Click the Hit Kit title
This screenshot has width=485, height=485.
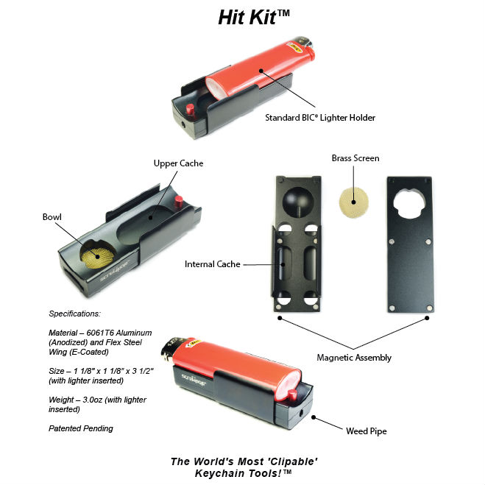[254, 18]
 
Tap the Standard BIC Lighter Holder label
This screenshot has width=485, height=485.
[320, 118]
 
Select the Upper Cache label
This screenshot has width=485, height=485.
[179, 163]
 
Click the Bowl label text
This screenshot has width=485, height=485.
[52, 217]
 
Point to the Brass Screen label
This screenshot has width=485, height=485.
[355, 158]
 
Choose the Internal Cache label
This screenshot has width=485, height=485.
[212, 264]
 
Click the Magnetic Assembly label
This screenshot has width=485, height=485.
[354, 358]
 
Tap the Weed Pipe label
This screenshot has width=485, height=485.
[367, 431]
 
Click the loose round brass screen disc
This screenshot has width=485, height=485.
[354, 202]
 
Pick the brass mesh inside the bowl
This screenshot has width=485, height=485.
[98, 256]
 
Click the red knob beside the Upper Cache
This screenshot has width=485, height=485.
[179, 202]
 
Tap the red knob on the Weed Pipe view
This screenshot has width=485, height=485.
[292, 394]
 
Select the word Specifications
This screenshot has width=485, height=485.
[74, 314]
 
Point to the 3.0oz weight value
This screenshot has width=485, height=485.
[93, 400]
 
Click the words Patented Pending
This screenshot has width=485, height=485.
[81, 428]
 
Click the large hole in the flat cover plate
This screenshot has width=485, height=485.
[409, 203]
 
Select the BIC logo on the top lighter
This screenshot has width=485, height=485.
[294, 47]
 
